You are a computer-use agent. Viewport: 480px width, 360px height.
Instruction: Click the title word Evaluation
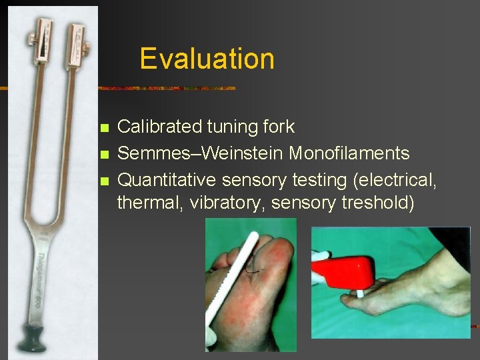(207, 59)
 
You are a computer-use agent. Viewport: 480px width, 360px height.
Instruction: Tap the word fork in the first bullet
(278, 127)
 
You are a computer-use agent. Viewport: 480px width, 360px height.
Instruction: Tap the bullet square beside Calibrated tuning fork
(102, 127)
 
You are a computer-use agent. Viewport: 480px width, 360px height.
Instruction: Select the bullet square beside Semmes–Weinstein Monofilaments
(102, 154)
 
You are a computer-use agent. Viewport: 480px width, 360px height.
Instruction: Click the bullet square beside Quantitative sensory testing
(102, 181)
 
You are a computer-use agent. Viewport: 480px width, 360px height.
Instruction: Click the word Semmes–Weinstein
(200, 153)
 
